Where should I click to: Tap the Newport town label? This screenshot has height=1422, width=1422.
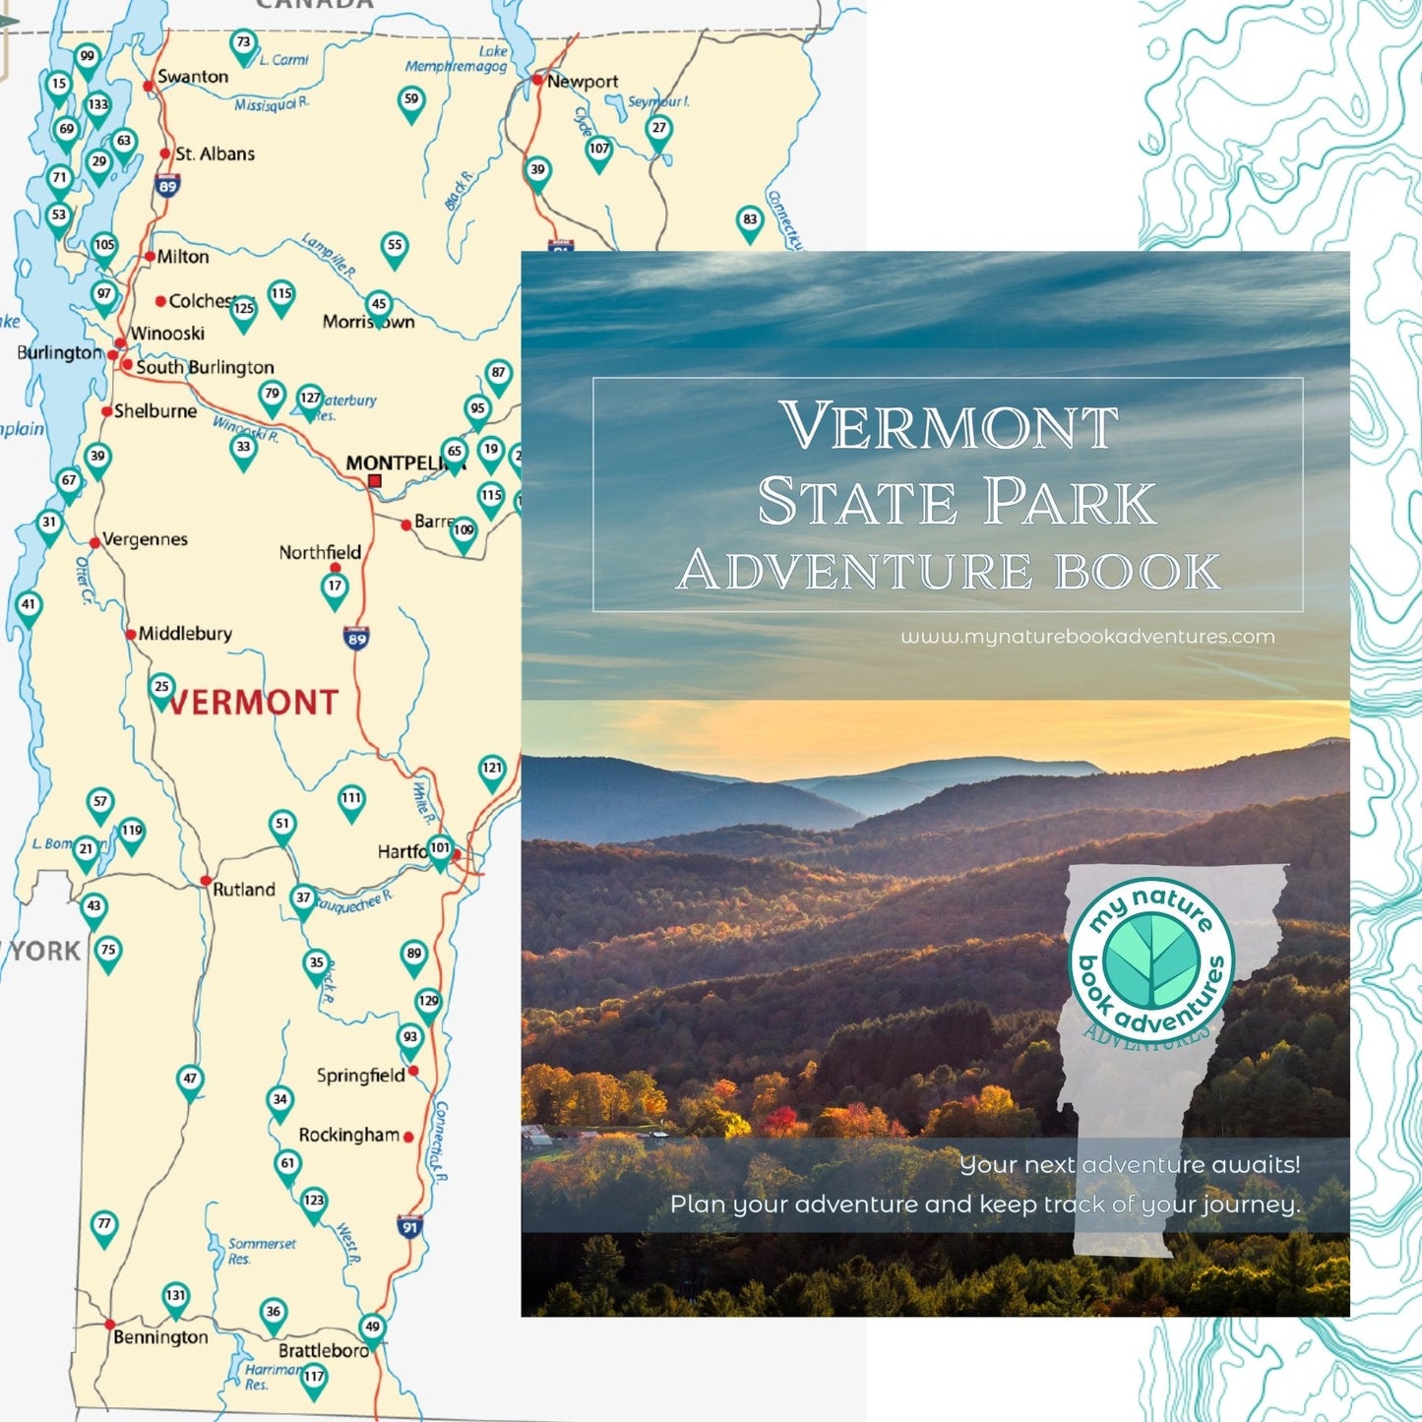tap(582, 82)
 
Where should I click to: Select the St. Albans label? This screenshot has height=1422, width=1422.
tap(215, 154)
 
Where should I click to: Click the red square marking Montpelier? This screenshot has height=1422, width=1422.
tap(375, 481)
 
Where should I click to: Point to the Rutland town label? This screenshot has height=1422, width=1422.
tap(243, 889)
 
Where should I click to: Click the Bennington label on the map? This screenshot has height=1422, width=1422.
tap(160, 1336)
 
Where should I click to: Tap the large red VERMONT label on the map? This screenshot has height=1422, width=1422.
tap(254, 703)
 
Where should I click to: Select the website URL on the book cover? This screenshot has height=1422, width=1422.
tap(1087, 637)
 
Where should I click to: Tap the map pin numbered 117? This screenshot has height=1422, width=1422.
tap(314, 1378)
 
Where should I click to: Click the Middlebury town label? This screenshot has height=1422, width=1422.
tap(185, 634)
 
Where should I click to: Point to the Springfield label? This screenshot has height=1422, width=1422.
tap(360, 1075)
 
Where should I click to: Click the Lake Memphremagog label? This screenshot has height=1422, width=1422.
tap(459, 59)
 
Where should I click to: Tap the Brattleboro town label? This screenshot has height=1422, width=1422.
tap(323, 1350)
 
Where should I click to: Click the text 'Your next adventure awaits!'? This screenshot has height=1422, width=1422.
tap(1130, 1164)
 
